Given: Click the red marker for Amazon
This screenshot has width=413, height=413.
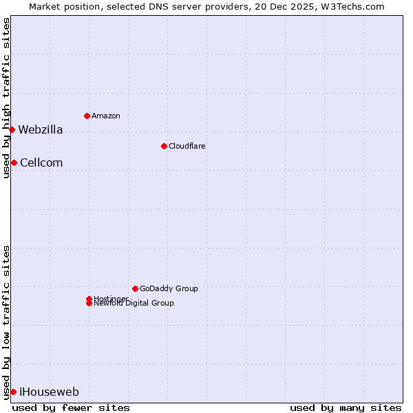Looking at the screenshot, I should pyautogui.click(x=87, y=116).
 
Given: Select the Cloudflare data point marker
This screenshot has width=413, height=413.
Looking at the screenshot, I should pyautogui.click(x=164, y=146).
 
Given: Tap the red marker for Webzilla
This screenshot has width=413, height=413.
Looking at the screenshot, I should pyautogui.click(x=12, y=129).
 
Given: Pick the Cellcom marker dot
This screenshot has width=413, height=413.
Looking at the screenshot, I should pyautogui.click(x=14, y=162).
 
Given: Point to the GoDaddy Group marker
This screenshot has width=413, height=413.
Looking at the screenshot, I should pyautogui.click(x=135, y=288).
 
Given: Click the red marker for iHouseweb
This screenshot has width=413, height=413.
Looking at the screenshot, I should pyautogui.click(x=13, y=392).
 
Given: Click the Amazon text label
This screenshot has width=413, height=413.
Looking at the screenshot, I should pyautogui.click(x=105, y=116).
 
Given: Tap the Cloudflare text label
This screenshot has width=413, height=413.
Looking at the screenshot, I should pyautogui.click(x=187, y=146).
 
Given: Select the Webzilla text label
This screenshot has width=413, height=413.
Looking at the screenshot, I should pyautogui.click(x=40, y=129).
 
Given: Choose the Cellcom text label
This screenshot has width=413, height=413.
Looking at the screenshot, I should pyautogui.click(x=41, y=162).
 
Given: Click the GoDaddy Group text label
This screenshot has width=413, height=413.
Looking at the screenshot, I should pyautogui.click(x=169, y=288).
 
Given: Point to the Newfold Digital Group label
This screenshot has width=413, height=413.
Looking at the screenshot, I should pyautogui.click(x=134, y=304).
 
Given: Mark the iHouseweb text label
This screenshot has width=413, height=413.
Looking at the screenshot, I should pyautogui.click(x=49, y=392).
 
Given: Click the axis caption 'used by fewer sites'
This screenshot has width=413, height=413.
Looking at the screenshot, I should pyautogui.click(x=71, y=407).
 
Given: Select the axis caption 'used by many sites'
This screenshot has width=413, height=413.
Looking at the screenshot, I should pyautogui.click(x=346, y=407).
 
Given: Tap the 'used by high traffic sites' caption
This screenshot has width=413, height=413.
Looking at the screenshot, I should pyautogui.click(x=6, y=98).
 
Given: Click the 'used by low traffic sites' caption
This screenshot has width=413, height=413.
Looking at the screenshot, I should pyautogui.click(x=6, y=321).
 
